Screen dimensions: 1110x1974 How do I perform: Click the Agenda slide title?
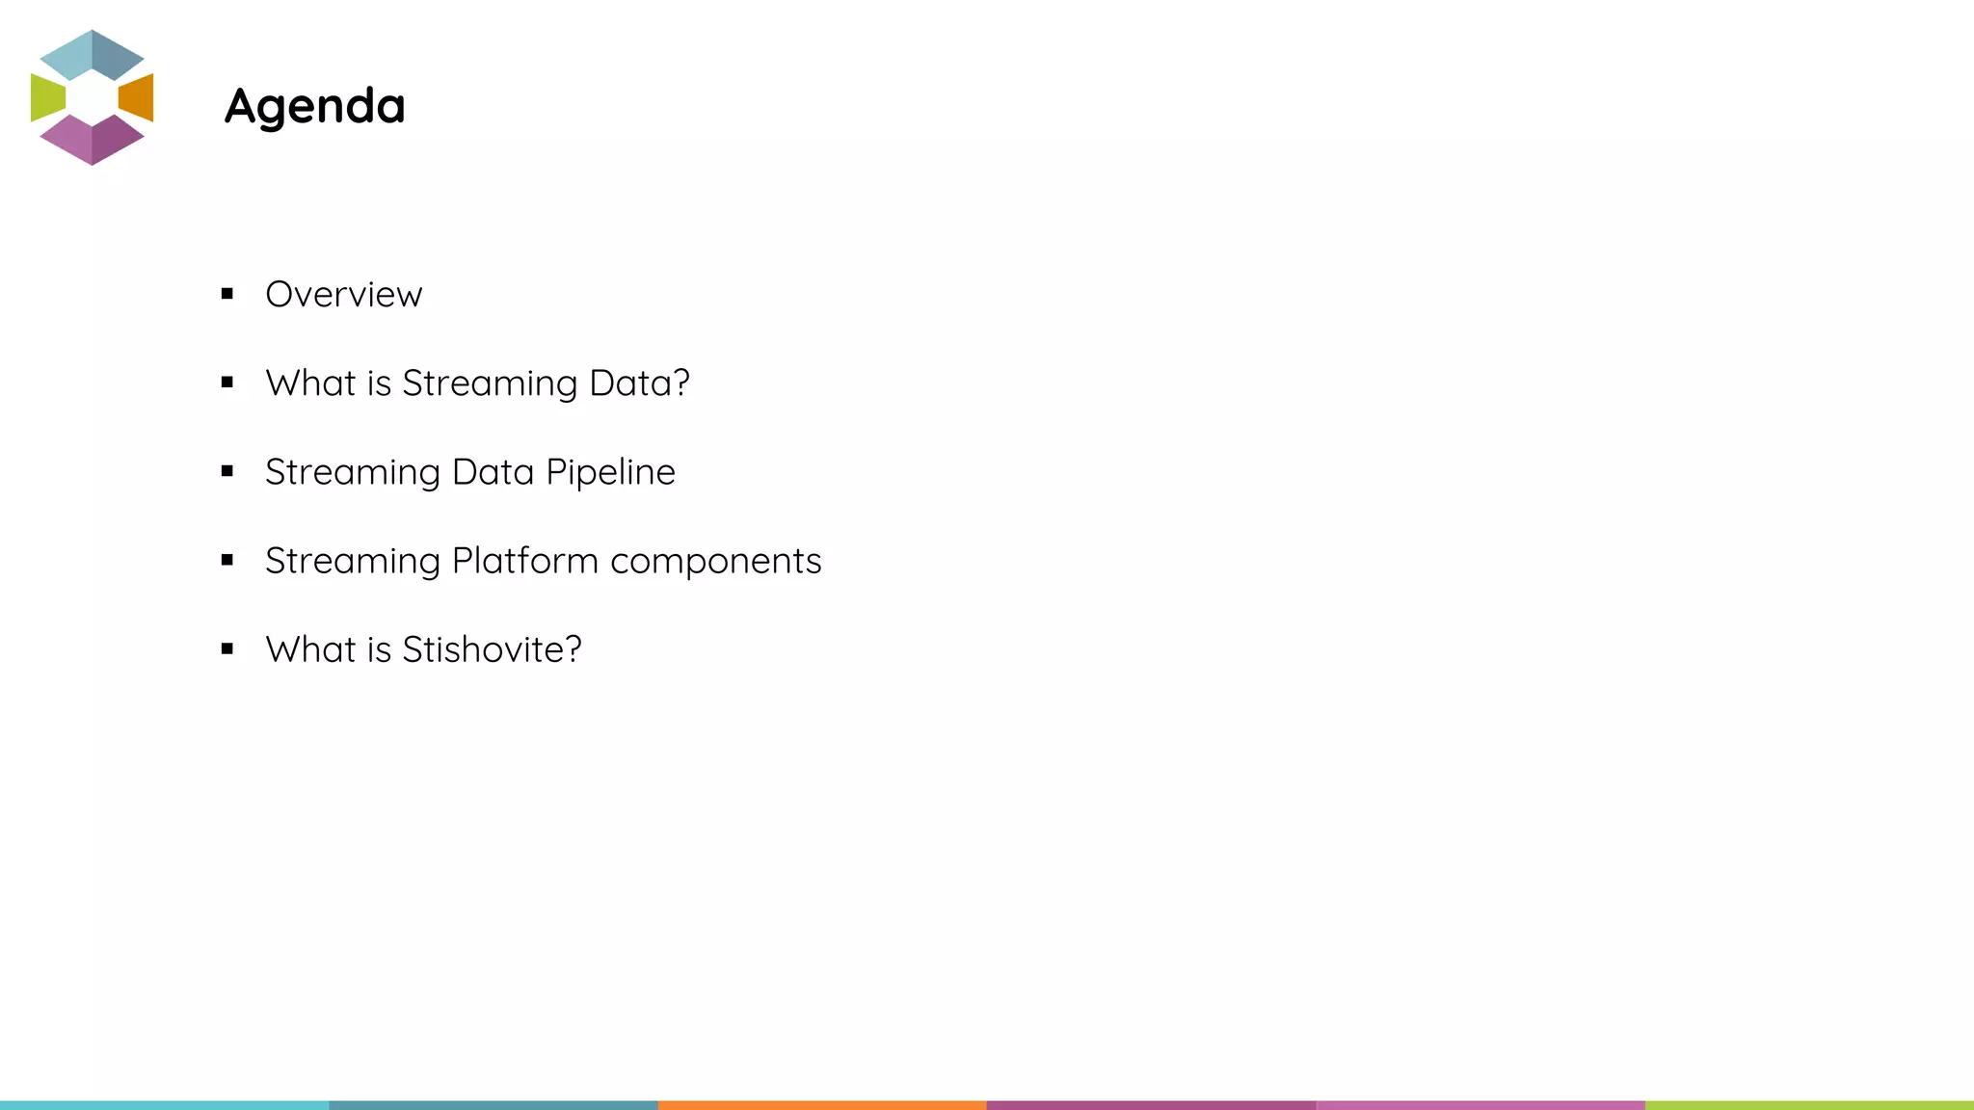pyautogui.click(x=314, y=106)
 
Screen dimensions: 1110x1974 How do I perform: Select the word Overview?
pyautogui.click(x=343, y=295)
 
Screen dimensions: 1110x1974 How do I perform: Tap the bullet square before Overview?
pyautogui.click(x=227, y=294)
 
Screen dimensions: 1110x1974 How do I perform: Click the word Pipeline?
pyautogui.click(x=610, y=473)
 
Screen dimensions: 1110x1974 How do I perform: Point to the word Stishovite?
pyautogui.click(x=492, y=650)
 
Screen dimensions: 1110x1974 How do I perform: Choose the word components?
pyautogui.click(x=715, y=562)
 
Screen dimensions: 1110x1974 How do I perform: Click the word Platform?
pyautogui.click(x=525, y=562)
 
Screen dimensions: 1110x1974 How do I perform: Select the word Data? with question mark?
pyautogui.click(x=639, y=383)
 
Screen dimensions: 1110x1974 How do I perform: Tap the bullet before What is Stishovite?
pyautogui.click(x=227, y=649)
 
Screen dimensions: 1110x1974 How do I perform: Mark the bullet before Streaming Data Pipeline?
pyautogui.click(x=227, y=471)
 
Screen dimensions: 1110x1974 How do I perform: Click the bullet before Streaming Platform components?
pyautogui.click(x=227, y=560)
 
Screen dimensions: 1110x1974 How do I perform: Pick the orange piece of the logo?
pyautogui.click(x=138, y=97)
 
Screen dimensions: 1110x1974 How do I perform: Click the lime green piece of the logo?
pyautogui.click(x=46, y=97)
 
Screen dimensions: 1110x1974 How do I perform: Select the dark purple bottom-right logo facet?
pyautogui.click(x=117, y=140)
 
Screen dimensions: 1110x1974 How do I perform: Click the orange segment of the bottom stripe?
pyautogui.click(x=822, y=1105)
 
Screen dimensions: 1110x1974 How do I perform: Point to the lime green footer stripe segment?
pyautogui.click(x=1809, y=1105)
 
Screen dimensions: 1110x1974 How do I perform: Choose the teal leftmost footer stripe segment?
pyautogui.click(x=164, y=1105)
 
